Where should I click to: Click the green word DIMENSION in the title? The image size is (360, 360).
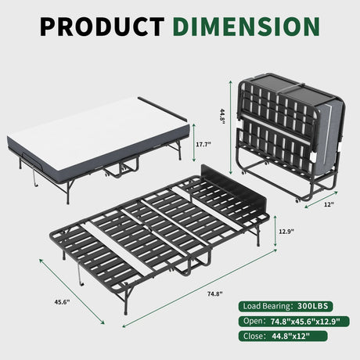(247, 26)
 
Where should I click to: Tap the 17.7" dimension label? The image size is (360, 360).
(204, 145)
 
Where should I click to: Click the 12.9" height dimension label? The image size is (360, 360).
(288, 232)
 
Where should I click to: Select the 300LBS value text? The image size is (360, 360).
(318, 306)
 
